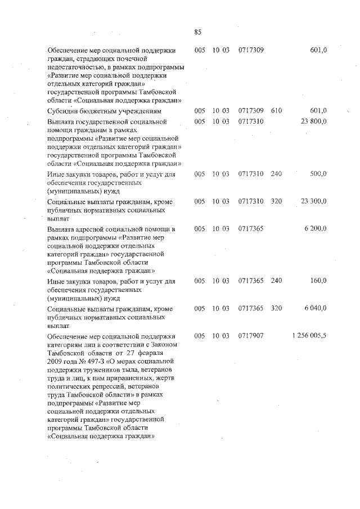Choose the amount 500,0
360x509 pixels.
pos(318,174)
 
